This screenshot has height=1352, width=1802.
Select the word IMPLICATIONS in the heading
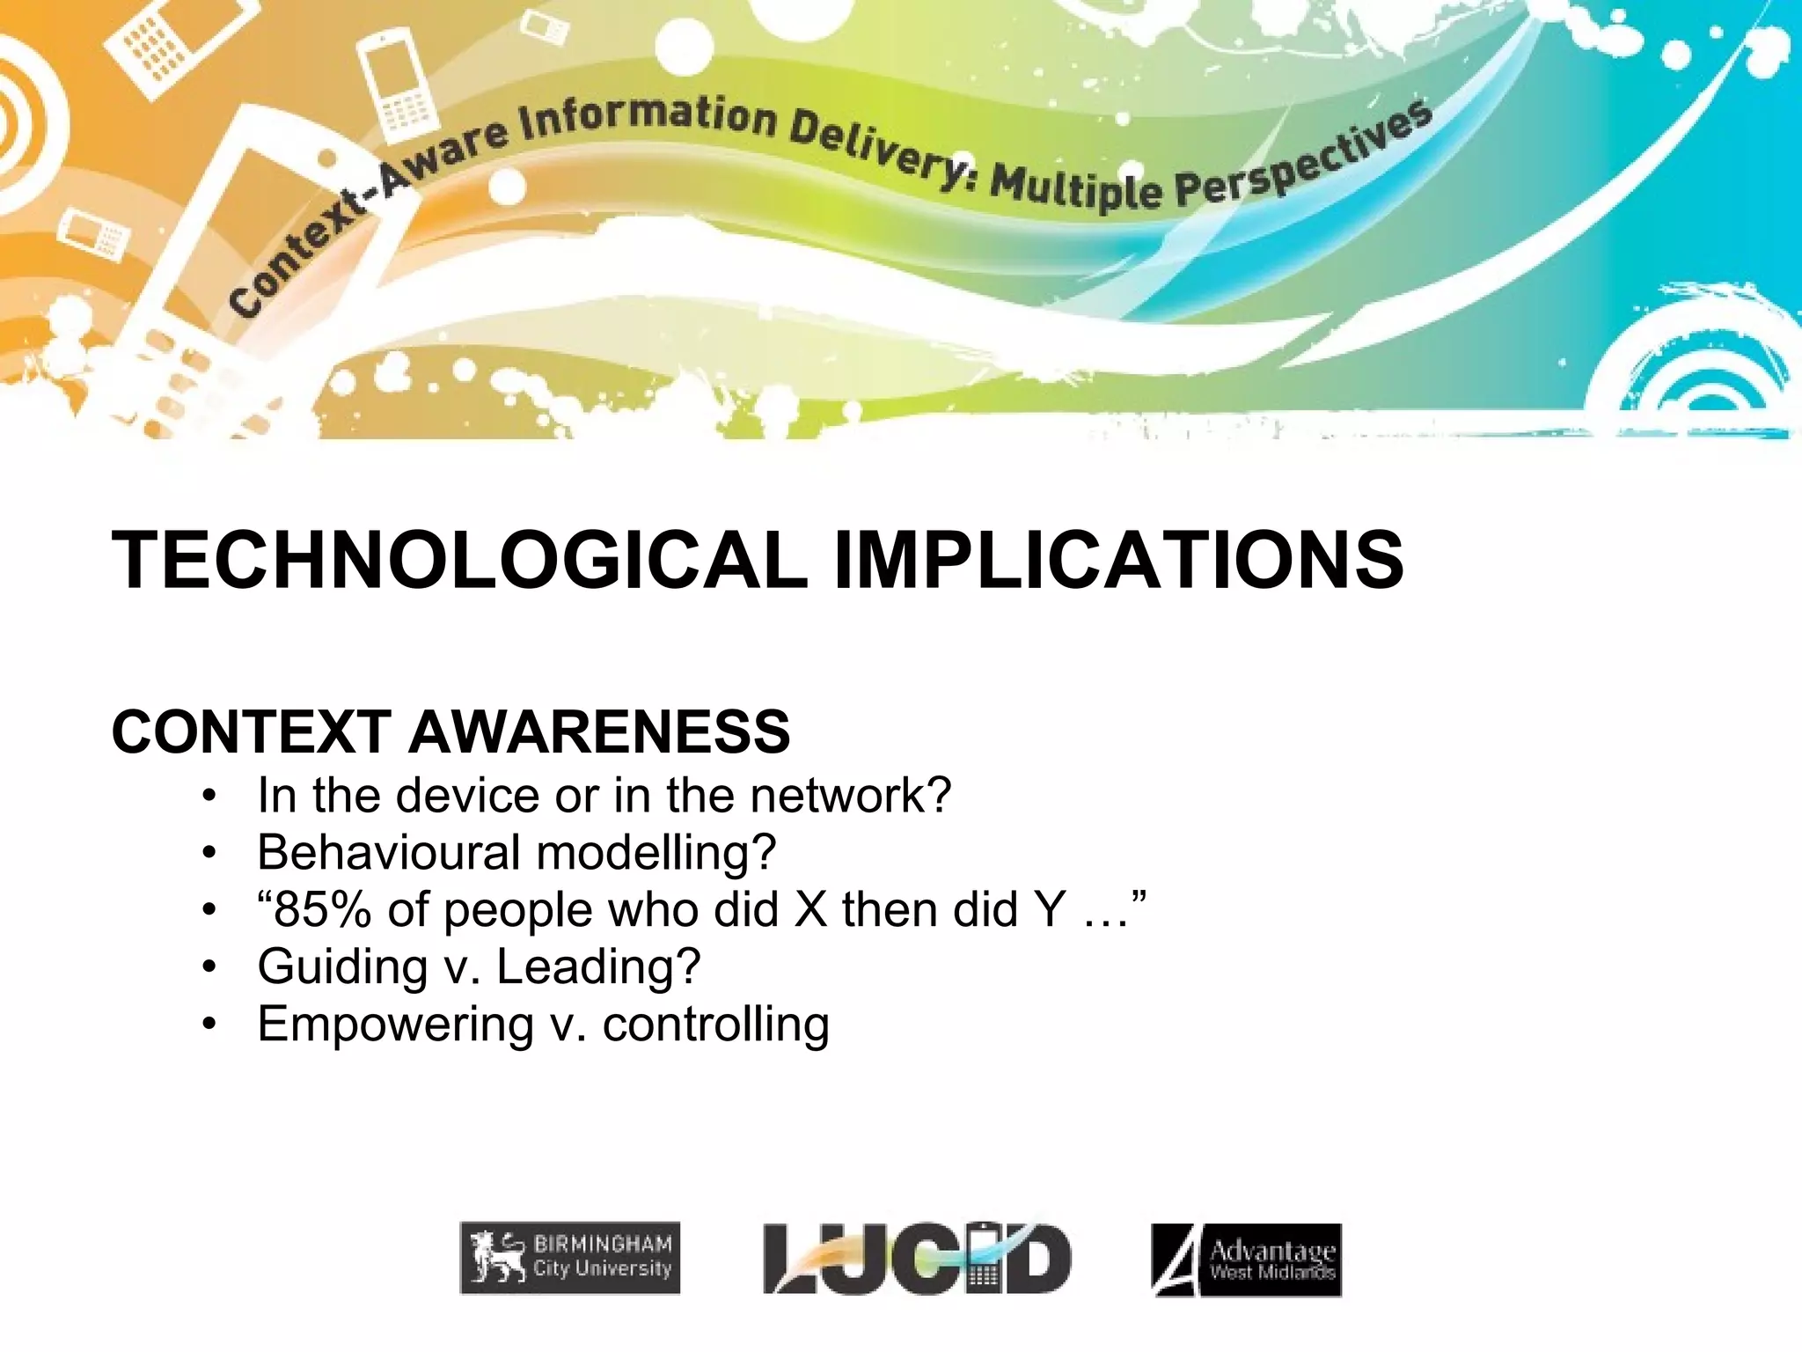(x=1117, y=560)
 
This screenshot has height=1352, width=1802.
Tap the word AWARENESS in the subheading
(x=599, y=731)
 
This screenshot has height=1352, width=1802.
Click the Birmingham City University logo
(x=570, y=1258)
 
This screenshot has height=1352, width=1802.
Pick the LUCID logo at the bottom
(x=917, y=1259)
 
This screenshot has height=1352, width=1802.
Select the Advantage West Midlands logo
(x=1247, y=1260)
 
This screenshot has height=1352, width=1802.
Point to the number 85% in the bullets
(x=314, y=909)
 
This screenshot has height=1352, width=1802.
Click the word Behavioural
(x=389, y=852)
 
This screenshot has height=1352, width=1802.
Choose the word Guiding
(x=342, y=967)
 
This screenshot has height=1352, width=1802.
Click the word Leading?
(x=598, y=966)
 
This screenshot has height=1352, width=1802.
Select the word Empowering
(x=396, y=1025)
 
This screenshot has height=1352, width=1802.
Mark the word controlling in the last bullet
(x=715, y=1024)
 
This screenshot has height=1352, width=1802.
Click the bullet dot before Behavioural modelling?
(x=209, y=853)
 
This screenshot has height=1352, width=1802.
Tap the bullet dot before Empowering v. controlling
(x=209, y=1025)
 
